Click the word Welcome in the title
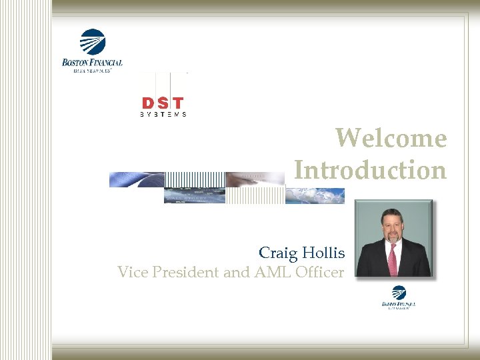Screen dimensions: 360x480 [391, 138]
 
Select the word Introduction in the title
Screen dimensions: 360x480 [370, 170]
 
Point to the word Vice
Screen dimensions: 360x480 [131, 272]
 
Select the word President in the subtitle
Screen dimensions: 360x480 [181, 272]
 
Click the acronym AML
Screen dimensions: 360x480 [263, 272]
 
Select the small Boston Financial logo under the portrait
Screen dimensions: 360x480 [399, 297]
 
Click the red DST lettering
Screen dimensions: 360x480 [163, 103]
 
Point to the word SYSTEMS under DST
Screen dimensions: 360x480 [163, 115]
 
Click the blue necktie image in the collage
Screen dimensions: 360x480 [137, 179]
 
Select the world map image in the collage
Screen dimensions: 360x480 [315, 195]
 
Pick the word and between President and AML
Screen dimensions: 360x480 [234, 272]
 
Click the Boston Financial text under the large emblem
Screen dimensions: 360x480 [92, 63]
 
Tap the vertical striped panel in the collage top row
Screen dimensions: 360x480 [194, 179]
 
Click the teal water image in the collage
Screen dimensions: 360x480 [195, 195]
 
